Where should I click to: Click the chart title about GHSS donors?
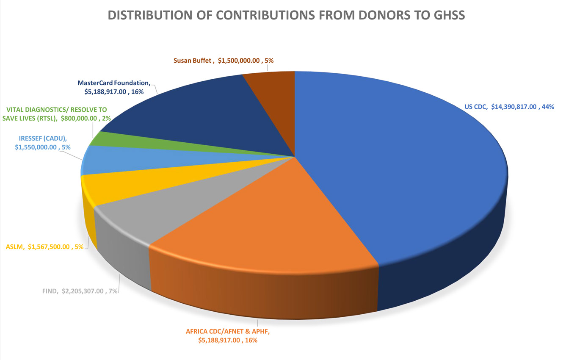point(287,15)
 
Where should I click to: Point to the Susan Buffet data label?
point(223,61)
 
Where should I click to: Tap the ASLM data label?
point(44,246)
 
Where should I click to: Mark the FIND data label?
point(80,291)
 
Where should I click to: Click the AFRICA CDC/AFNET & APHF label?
point(228,335)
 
